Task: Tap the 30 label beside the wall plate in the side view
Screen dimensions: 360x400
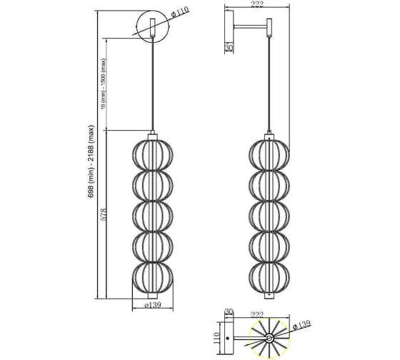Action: pyautogui.click(x=229, y=48)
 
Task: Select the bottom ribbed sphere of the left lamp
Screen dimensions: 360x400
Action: pyautogui.click(x=153, y=275)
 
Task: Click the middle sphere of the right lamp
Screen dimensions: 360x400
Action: pyautogui.click(x=270, y=214)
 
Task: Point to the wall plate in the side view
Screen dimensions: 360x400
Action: pyautogui.click(x=229, y=29)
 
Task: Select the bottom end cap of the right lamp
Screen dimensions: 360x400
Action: pyautogui.click(x=270, y=294)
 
